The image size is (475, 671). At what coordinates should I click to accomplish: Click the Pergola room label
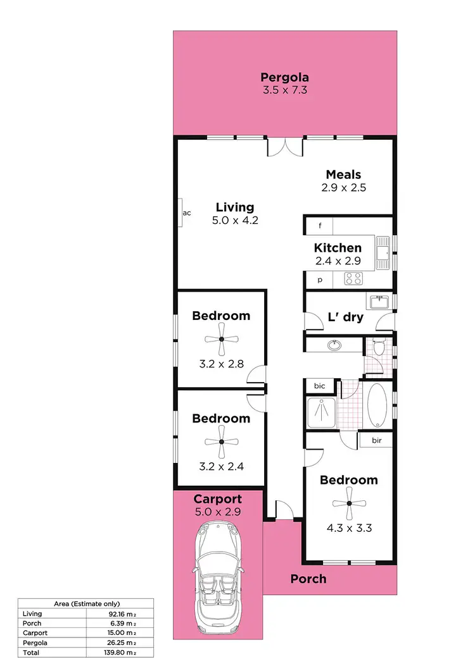pyautogui.click(x=284, y=78)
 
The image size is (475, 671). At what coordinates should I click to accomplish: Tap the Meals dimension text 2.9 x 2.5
pyautogui.click(x=344, y=187)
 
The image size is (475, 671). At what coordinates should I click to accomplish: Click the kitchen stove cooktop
pyautogui.click(x=353, y=278)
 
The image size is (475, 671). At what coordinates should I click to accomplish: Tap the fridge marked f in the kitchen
pyautogui.click(x=320, y=226)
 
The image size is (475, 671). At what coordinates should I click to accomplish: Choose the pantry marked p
pyautogui.click(x=320, y=279)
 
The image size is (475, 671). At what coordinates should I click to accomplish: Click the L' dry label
pyautogui.click(x=345, y=317)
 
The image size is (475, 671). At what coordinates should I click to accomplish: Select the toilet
pyautogui.click(x=379, y=347)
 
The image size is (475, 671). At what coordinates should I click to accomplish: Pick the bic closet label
pyautogui.click(x=319, y=386)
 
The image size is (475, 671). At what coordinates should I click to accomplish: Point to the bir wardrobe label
pyautogui.click(x=376, y=440)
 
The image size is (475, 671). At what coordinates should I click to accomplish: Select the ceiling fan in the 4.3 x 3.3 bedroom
pyautogui.click(x=349, y=503)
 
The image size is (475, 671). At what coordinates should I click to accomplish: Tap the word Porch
pyautogui.click(x=308, y=579)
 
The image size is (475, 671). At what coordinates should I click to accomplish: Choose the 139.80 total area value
pyautogui.click(x=123, y=652)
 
